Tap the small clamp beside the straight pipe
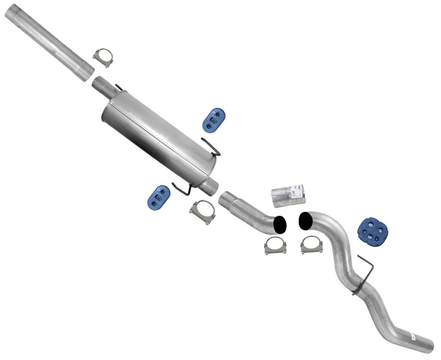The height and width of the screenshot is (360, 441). coord(103,57)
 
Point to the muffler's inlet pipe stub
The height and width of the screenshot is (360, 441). coord(103,85)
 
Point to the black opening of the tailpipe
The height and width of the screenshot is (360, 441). coord(306,221)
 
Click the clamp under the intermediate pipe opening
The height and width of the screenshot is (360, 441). coord(276,245)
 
